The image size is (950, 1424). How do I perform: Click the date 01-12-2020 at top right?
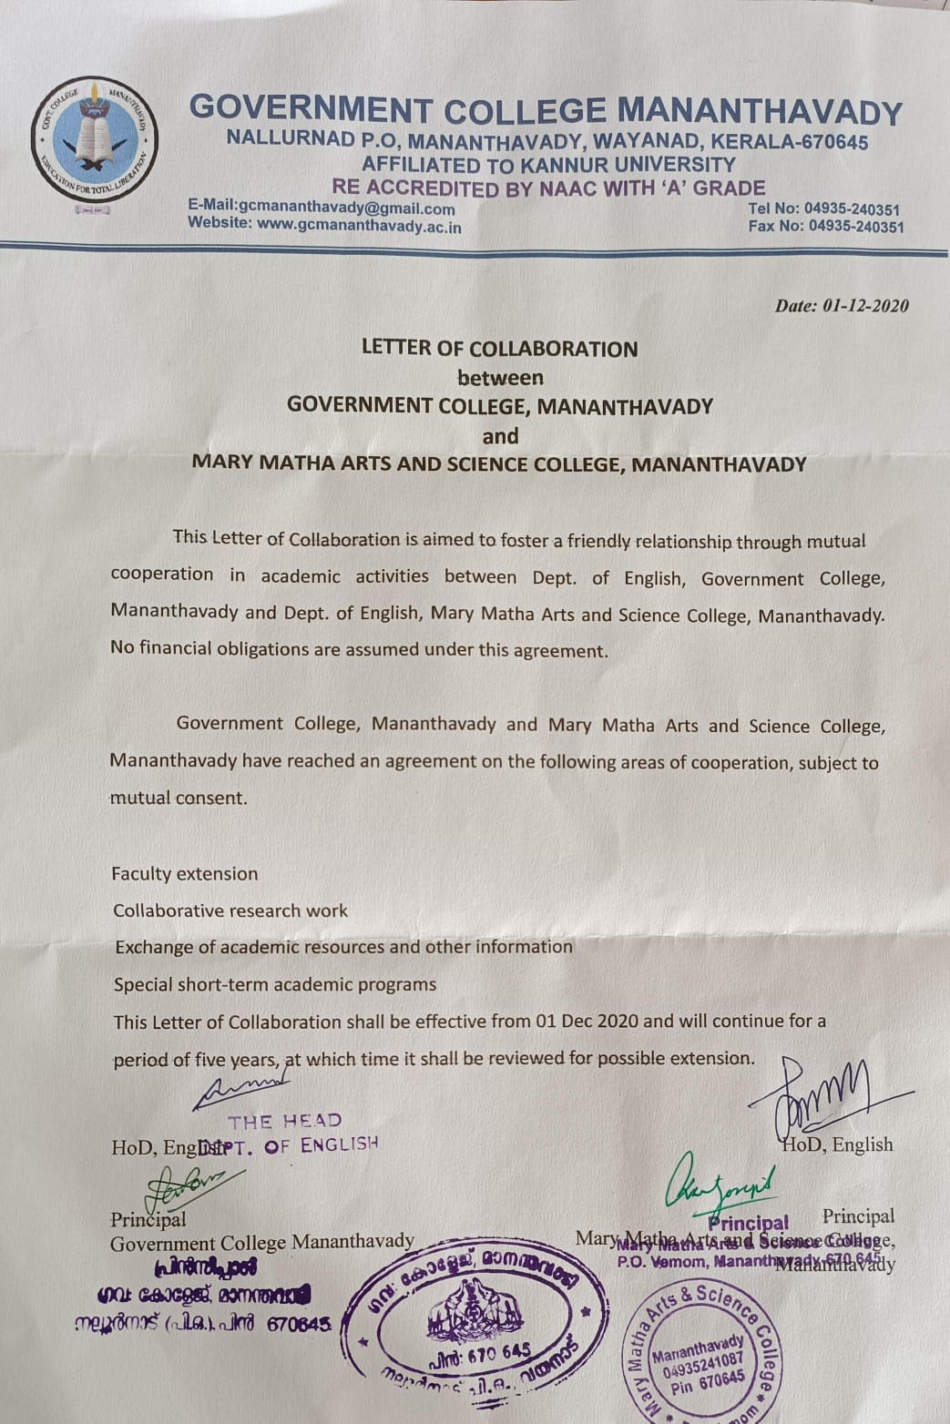(842, 306)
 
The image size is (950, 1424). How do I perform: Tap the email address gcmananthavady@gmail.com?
(322, 209)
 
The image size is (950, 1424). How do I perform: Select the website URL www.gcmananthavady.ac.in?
(324, 226)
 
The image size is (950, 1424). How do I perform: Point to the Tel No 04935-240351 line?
(823, 209)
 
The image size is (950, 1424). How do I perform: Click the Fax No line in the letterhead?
(825, 227)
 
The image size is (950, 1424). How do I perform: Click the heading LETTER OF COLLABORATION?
(499, 349)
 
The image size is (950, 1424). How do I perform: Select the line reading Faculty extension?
(185, 874)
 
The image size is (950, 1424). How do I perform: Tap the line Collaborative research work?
(230, 910)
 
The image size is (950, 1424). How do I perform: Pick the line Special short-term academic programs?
(274, 984)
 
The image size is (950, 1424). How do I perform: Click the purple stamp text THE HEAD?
(285, 1121)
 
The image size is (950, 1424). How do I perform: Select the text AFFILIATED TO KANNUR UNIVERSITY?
(548, 165)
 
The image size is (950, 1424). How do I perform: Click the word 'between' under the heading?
(500, 377)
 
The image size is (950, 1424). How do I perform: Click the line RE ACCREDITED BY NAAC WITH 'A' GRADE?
(548, 188)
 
